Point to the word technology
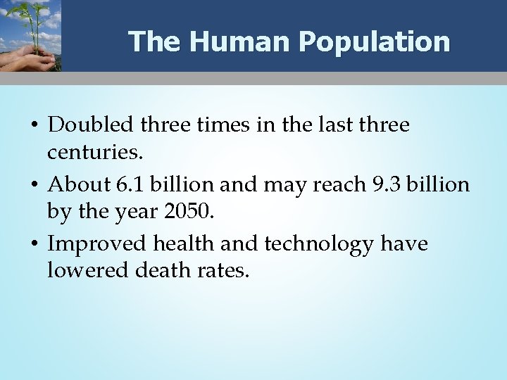[x=321, y=244]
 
